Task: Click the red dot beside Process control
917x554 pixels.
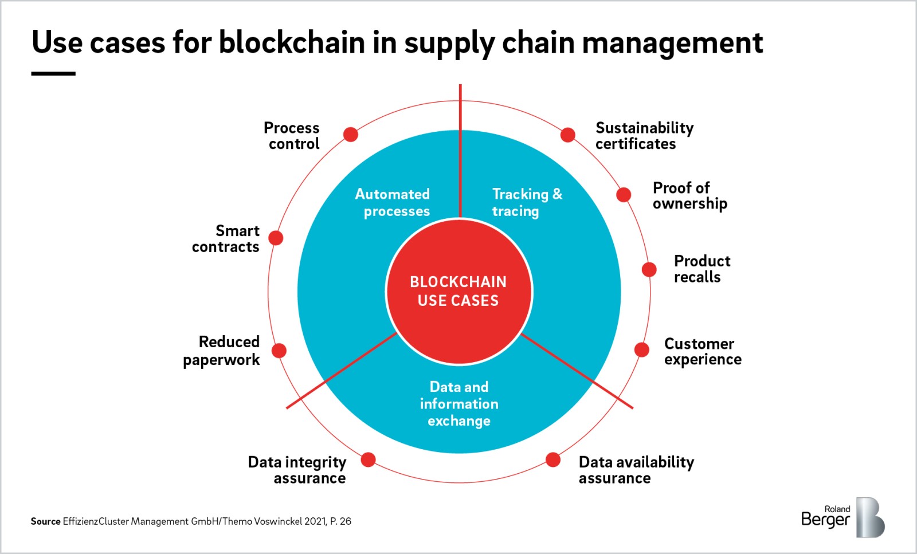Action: click(350, 135)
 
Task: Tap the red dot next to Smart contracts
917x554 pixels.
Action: click(276, 238)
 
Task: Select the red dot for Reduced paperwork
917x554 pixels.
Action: click(279, 351)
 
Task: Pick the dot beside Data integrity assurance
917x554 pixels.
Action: click(369, 459)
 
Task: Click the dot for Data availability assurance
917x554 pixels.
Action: click(553, 459)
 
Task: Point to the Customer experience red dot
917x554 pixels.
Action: click(642, 349)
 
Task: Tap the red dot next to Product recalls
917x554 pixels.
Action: click(649, 269)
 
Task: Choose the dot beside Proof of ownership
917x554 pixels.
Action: click(624, 195)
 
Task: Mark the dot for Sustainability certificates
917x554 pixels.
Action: click(567, 135)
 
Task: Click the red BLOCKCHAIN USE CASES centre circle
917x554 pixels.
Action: click(459, 291)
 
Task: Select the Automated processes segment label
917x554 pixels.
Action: click(393, 203)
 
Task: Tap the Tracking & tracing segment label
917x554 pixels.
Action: click(527, 203)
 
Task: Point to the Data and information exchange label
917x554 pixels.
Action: click(459, 404)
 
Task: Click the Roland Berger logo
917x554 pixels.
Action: click(842, 517)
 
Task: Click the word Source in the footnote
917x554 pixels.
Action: click(45, 521)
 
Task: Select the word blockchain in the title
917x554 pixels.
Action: click(292, 42)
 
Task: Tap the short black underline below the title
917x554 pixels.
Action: click(53, 73)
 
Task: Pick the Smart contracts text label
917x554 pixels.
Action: click(226, 239)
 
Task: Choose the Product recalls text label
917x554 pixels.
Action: click(702, 269)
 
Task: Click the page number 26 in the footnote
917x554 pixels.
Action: click(345, 521)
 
